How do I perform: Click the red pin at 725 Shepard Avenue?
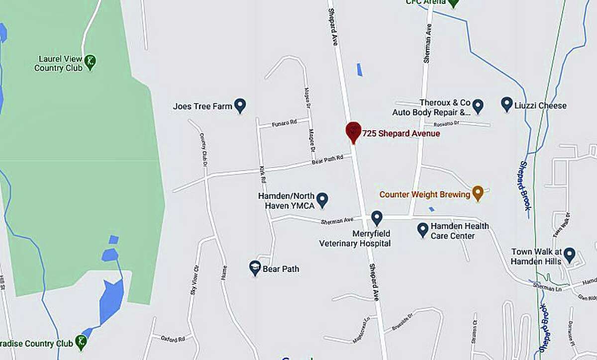(x=353, y=131)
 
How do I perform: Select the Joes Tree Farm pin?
(x=240, y=105)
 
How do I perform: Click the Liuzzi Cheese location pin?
(x=507, y=104)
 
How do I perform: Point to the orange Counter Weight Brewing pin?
(x=478, y=193)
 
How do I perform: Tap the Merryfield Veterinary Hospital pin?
(x=377, y=217)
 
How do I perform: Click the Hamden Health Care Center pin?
(x=422, y=229)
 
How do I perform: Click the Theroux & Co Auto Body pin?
(x=478, y=105)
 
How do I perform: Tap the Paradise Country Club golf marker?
(x=81, y=342)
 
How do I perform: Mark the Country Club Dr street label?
(x=204, y=149)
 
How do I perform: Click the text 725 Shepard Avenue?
(x=401, y=134)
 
